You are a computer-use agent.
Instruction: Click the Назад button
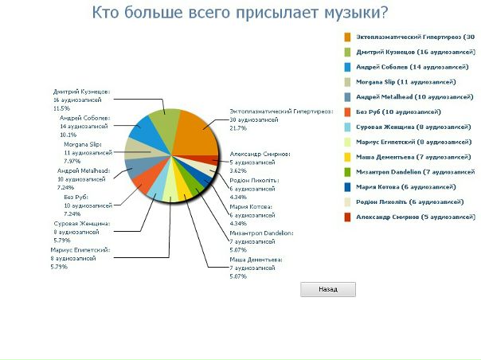327,290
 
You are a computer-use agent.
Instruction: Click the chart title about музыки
240,13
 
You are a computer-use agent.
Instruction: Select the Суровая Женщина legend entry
407,127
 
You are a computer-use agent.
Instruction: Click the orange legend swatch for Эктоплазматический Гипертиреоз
349,37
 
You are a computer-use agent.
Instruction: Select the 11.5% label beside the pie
62,108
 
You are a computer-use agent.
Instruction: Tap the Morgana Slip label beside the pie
83,144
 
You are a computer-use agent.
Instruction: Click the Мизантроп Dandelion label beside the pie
261,233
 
